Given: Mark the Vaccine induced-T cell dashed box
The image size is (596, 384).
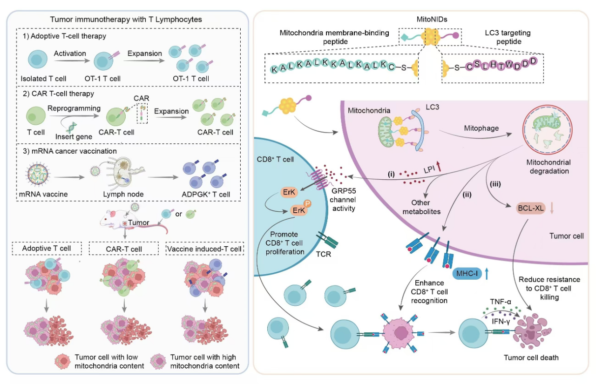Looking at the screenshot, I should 205,249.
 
